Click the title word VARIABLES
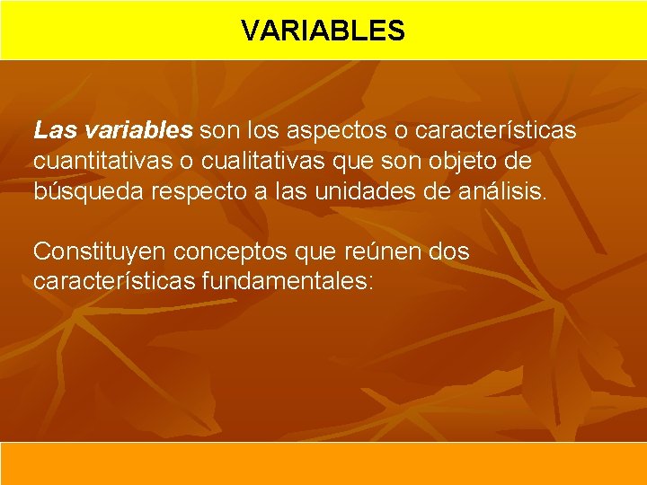pyautogui.click(x=323, y=31)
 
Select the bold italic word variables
pyautogui.click(x=137, y=131)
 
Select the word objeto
pyautogui.click(x=467, y=162)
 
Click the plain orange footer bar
pyautogui.click(x=323, y=463)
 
